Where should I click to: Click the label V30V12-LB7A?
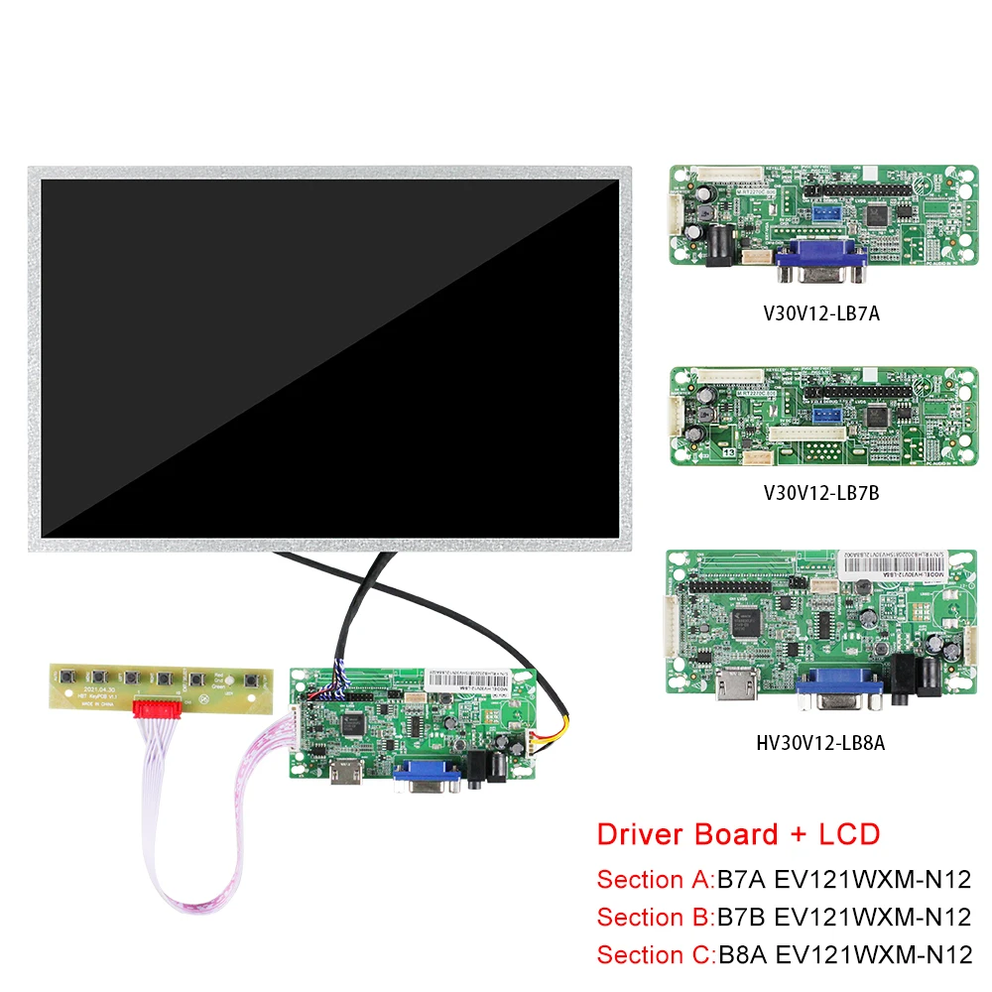[821, 313]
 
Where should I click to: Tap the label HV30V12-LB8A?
[821, 740]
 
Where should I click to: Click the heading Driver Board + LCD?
[738, 833]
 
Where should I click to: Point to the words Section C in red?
[655, 954]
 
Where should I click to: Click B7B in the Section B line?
[744, 917]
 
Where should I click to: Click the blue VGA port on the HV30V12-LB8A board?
[841, 687]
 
